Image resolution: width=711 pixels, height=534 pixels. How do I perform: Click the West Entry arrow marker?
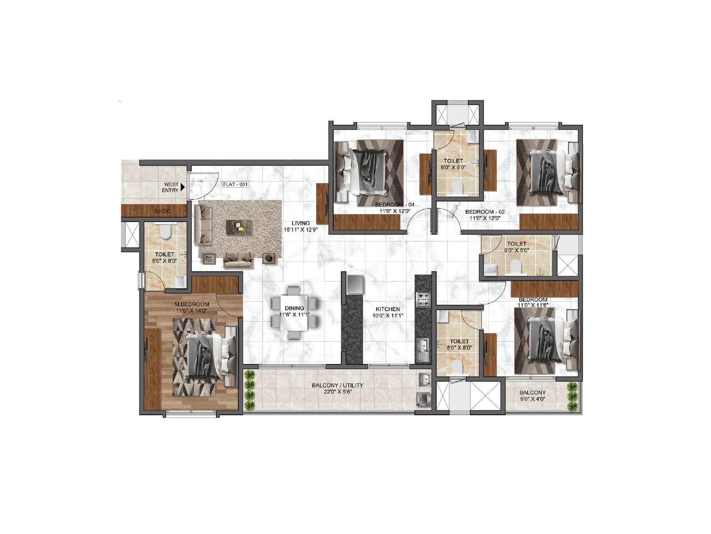(x=182, y=187)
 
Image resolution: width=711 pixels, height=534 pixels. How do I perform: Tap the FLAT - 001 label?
(x=235, y=184)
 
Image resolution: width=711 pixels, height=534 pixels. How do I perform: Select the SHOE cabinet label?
(x=162, y=211)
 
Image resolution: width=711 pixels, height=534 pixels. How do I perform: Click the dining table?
(x=294, y=313)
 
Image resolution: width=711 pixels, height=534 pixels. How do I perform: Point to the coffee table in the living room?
(x=239, y=227)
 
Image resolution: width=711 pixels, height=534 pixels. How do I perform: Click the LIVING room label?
(x=301, y=223)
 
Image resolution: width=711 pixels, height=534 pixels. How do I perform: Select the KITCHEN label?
(x=387, y=309)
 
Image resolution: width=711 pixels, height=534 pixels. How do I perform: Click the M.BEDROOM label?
(x=192, y=304)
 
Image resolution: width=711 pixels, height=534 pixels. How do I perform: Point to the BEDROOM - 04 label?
(x=391, y=205)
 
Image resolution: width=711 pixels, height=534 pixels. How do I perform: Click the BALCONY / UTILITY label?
(x=337, y=385)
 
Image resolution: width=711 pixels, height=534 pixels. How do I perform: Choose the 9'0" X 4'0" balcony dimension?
(x=532, y=399)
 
